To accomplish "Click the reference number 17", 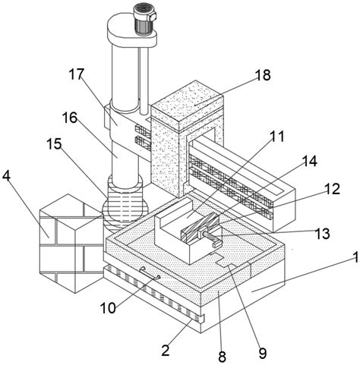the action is pyautogui.click(x=76, y=74).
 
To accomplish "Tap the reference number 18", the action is pyautogui.click(x=263, y=75).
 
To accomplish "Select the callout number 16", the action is pyautogui.click(x=70, y=118).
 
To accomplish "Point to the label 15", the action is pyautogui.click(x=54, y=143).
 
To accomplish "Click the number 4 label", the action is pyautogui.click(x=6, y=176).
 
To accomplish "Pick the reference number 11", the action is pyautogui.click(x=276, y=136).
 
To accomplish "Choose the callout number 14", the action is pyautogui.click(x=309, y=161).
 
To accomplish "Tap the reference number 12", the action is pyautogui.click(x=332, y=189).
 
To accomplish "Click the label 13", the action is pyautogui.click(x=322, y=233).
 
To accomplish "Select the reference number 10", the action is pyautogui.click(x=108, y=308).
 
